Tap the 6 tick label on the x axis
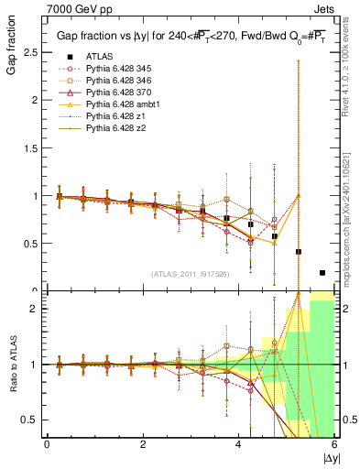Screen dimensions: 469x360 pos(334,445)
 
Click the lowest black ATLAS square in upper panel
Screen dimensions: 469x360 pos(322,272)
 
